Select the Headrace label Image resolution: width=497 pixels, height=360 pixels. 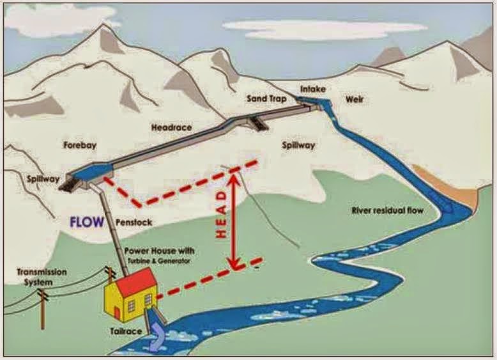(x=171, y=127)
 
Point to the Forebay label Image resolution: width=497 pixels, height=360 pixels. (x=79, y=145)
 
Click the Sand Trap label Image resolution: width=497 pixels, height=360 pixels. (x=266, y=100)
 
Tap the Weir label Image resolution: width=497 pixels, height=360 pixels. (x=355, y=100)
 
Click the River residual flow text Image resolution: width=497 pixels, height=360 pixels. (x=388, y=210)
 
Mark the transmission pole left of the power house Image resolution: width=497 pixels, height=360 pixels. (x=42, y=310)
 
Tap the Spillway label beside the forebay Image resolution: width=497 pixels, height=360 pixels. (x=40, y=176)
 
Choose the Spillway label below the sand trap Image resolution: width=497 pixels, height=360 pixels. (x=298, y=145)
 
